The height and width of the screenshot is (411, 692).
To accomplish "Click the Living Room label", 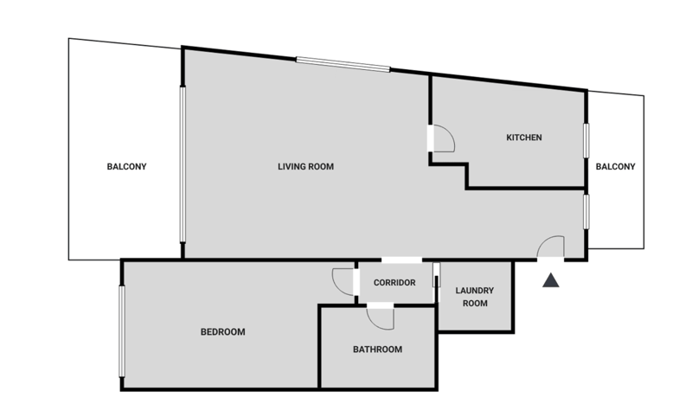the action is point(306,166).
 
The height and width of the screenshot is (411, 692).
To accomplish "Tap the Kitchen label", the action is point(524,138).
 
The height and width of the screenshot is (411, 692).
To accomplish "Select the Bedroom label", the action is point(223,331).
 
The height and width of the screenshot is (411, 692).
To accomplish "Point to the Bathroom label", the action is point(377,350).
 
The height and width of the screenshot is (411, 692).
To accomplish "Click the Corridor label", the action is point(394,283).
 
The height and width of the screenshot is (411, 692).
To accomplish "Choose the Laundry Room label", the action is point(475,297).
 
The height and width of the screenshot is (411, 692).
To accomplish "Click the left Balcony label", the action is point(126,166).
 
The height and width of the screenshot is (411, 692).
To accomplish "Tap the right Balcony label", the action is point(616,166).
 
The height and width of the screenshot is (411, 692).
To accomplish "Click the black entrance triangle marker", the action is point(551,280).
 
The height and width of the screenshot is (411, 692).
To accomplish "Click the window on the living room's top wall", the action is point(343,64).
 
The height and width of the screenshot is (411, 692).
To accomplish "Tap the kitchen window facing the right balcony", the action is point(586,140).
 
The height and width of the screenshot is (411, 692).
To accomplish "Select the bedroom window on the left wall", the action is point(122,331).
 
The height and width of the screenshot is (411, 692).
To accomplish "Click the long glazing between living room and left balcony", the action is point(183,164).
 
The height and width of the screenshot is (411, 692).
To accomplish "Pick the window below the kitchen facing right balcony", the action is point(586,212).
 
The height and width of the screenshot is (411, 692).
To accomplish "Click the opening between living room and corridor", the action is point(401,260).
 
